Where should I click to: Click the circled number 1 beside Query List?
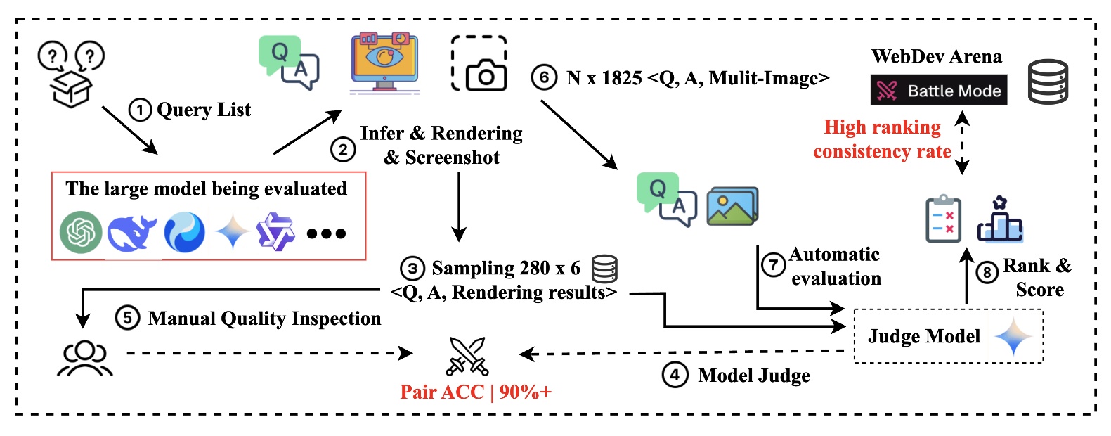pyautogui.click(x=140, y=110)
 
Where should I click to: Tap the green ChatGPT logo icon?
pyautogui.click(x=81, y=233)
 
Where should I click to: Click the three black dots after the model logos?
pyautogui.click(x=326, y=233)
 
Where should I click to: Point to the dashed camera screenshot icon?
pyautogui.click(x=479, y=64)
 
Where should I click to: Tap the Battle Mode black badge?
pyautogui.click(x=938, y=90)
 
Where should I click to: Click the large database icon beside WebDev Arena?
pyautogui.click(x=1048, y=82)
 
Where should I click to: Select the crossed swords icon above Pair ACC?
pyautogui.click(x=467, y=357)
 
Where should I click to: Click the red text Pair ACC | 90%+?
pyautogui.click(x=476, y=392)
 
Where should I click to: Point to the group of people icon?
pyautogui.click(x=84, y=357)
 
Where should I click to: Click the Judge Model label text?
pyautogui.click(x=923, y=336)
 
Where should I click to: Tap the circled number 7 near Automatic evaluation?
pyautogui.click(x=773, y=265)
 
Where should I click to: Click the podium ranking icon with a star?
pyautogui.click(x=999, y=220)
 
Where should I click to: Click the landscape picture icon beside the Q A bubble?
pyautogui.click(x=732, y=206)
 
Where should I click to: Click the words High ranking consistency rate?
pyautogui.click(x=882, y=139)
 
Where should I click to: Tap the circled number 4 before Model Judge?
pyautogui.click(x=674, y=375)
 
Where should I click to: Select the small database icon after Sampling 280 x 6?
pyautogui.click(x=604, y=268)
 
